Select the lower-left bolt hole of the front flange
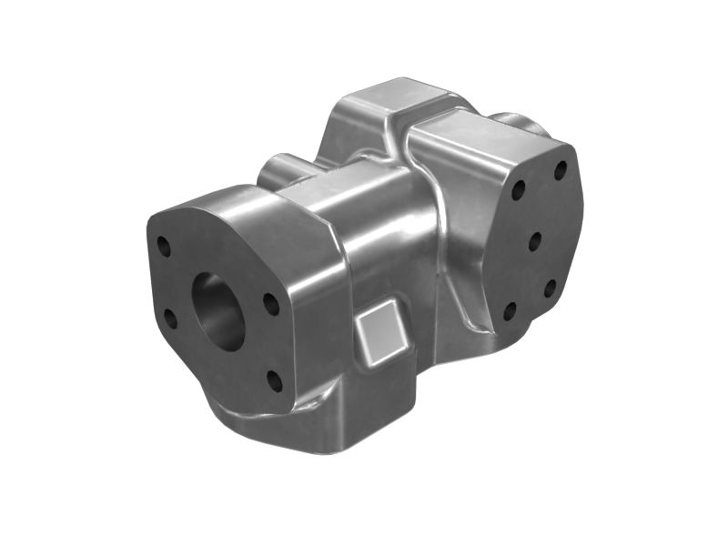(170, 318)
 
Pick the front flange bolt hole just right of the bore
(270, 304)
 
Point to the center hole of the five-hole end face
(535, 240)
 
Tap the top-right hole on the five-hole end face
(561, 170)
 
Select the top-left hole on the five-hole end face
(518, 191)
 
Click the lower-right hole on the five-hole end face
(550, 288)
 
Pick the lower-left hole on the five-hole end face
(510, 310)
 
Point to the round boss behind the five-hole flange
(519, 122)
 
